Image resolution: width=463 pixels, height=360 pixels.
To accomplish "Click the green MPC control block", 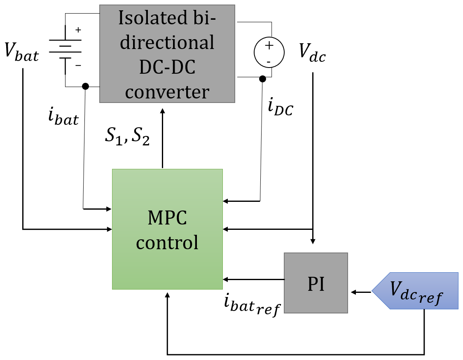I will click(x=167, y=229).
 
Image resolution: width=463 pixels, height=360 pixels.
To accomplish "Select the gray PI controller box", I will click(x=316, y=283).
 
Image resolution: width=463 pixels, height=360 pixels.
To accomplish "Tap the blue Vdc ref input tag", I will click(x=415, y=290).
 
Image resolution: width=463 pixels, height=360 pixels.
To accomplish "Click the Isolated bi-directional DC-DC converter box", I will click(x=167, y=54).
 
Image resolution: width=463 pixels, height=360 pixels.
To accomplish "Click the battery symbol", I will click(x=65, y=50).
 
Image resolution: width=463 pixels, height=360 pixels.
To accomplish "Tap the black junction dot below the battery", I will click(x=85, y=86).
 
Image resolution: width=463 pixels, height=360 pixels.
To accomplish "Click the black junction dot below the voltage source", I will click(x=262, y=78).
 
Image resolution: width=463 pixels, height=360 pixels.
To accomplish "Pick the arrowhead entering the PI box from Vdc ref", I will click(x=353, y=292).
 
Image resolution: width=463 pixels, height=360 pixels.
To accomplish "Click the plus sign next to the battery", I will click(x=78, y=30).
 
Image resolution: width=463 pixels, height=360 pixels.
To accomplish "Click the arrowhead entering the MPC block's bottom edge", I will click(x=167, y=295).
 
